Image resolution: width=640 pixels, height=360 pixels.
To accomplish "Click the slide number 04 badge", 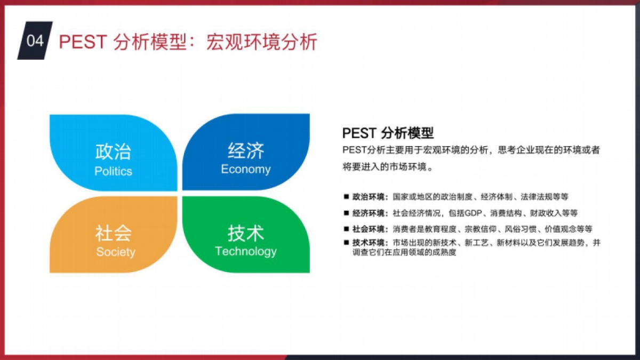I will tap(35, 41).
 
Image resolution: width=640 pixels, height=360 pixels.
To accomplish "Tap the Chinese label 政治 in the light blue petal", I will tap(113, 151).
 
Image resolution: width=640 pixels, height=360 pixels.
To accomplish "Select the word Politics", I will tap(113, 171).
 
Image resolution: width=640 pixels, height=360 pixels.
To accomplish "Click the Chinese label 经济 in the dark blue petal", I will tap(246, 150).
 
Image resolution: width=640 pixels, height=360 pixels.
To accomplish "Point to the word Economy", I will tap(246, 170).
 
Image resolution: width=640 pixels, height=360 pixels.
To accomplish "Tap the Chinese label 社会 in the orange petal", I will tap(113, 233).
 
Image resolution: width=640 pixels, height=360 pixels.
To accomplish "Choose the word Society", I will tap(116, 252).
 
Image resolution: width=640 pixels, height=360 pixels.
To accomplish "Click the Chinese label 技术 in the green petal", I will tap(246, 233).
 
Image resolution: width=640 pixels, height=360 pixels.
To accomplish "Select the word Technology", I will tap(246, 251).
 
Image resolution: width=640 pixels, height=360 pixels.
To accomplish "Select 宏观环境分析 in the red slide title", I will tap(262, 42).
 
